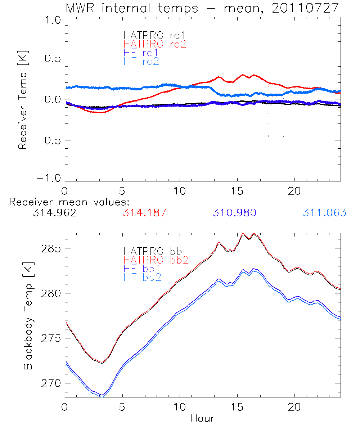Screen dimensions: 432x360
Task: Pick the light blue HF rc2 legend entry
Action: [141, 61]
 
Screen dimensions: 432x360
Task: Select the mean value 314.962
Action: [54, 213]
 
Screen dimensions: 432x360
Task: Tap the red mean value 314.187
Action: [144, 213]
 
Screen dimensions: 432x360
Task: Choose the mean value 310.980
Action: [234, 213]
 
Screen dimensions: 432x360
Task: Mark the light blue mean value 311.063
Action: [324, 213]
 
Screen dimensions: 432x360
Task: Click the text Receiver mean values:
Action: [69, 202]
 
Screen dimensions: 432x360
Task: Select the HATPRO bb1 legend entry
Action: [156, 251]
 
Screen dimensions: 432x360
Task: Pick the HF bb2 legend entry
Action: [142, 277]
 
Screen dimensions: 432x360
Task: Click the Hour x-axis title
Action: [202, 418]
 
